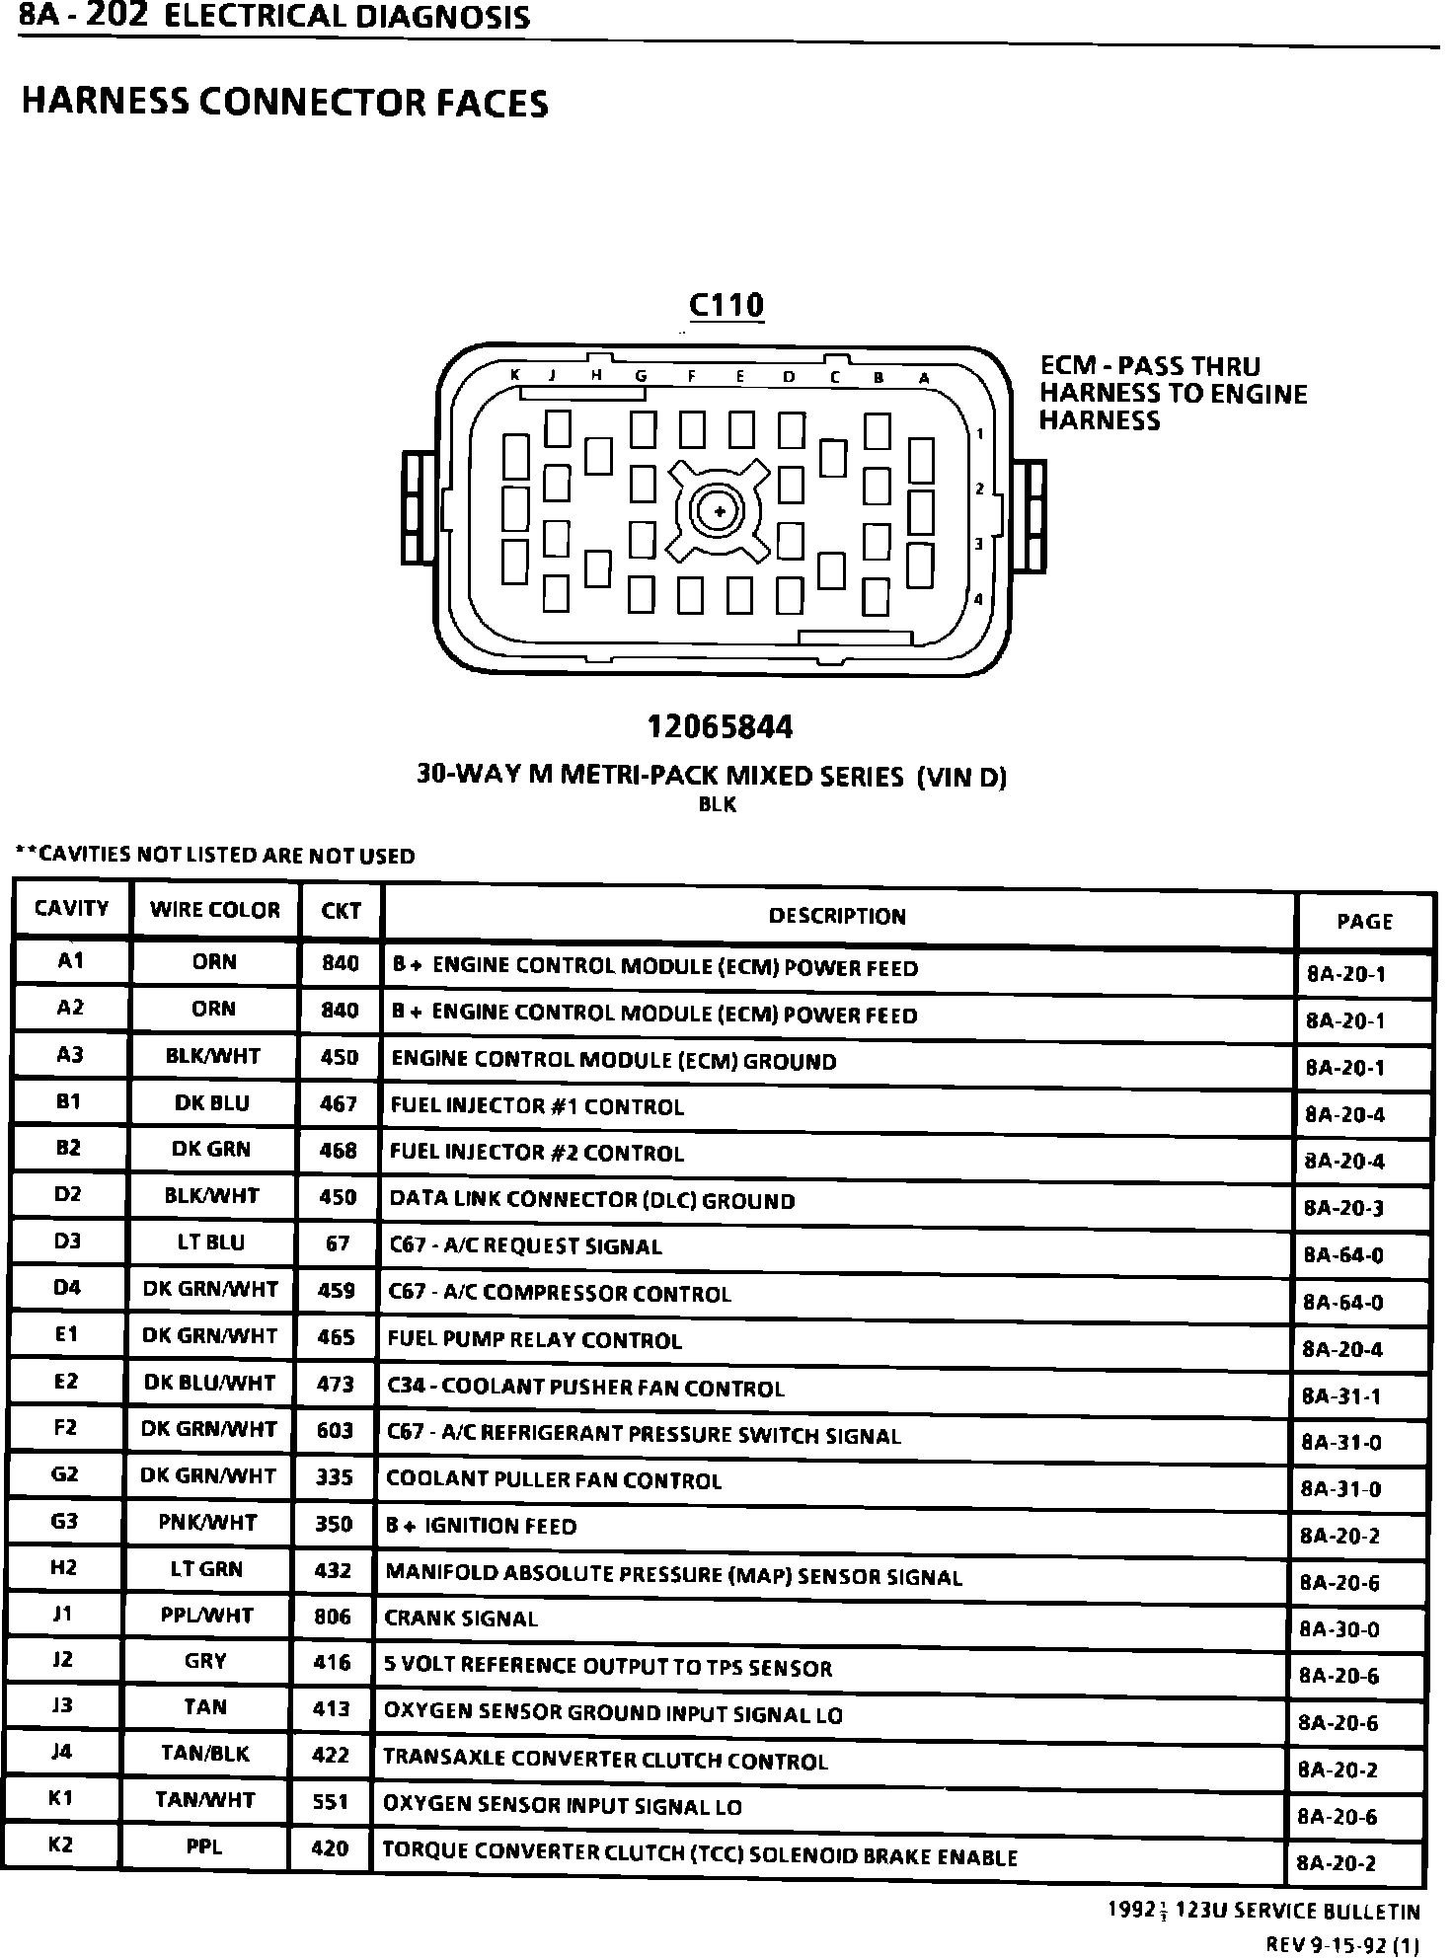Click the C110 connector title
(x=726, y=306)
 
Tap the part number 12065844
(x=720, y=728)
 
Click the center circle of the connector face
(x=720, y=511)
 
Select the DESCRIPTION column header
(x=837, y=916)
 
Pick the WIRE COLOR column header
(x=214, y=910)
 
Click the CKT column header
(x=341, y=911)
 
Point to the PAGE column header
(x=1364, y=922)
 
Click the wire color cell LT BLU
(x=210, y=1243)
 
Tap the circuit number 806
(x=332, y=1616)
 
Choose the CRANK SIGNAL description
(x=461, y=1619)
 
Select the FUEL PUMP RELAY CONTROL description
(x=534, y=1340)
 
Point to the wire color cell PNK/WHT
(x=207, y=1523)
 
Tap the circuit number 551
(x=330, y=1802)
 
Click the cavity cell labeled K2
(x=61, y=1845)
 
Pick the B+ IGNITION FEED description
(x=481, y=1527)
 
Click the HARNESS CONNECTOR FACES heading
(x=284, y=104)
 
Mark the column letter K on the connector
(x=515, y=375)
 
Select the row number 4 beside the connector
(x=978, y=599)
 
